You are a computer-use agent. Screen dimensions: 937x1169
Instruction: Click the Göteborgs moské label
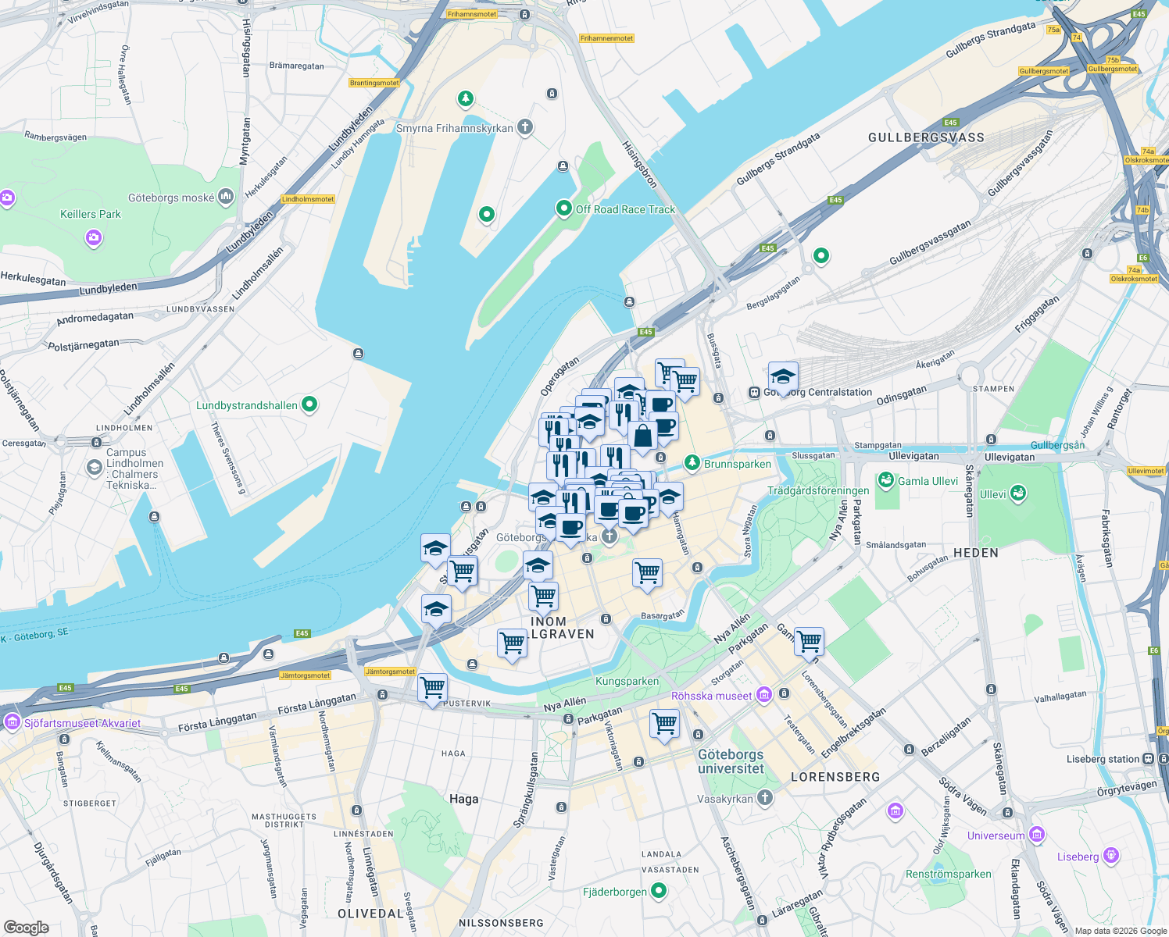coord(171,198)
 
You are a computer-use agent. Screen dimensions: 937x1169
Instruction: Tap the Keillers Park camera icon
coord(94,237)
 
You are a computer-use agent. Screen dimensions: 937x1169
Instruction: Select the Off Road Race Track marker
coord(563,208)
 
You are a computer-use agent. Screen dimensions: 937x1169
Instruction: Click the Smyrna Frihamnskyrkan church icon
coord(525,127)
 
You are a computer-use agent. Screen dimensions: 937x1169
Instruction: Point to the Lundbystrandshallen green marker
coord(309,404)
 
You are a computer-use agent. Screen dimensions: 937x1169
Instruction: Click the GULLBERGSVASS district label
coord(926,137)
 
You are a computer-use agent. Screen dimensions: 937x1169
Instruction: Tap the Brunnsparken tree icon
coord(692,463)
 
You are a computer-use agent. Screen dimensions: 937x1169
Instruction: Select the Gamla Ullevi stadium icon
coord(885,480)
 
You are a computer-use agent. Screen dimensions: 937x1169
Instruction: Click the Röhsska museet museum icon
coord(764,695)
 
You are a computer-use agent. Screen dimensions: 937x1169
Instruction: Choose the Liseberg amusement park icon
coord(1111,856)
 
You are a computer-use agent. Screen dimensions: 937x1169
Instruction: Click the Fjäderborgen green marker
coord(659,891)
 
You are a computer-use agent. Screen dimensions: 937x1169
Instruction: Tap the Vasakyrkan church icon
coord(765,798)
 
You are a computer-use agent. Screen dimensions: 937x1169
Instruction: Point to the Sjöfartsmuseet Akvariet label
coord(82,723)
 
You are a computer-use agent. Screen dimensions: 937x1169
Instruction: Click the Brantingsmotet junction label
coord(374,83)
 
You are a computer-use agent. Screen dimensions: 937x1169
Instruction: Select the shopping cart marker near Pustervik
coord(432,688)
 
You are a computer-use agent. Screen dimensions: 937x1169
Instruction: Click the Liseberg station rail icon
coord(1148,758)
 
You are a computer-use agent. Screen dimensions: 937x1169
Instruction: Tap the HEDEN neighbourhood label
coord(975,553)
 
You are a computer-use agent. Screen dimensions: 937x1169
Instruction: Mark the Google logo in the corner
coord(26,927)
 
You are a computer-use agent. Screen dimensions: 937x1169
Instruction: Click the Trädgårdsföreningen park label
coord(818,490)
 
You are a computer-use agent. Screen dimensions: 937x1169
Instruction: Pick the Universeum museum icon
coord(1036,835)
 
